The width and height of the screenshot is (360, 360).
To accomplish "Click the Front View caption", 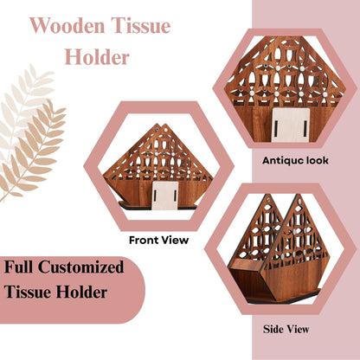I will (158, 240).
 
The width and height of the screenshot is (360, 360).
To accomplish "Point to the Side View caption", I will (286, 329).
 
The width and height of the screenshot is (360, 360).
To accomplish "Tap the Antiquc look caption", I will (294, 160).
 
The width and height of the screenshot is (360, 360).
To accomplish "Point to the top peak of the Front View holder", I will (157, 126).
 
